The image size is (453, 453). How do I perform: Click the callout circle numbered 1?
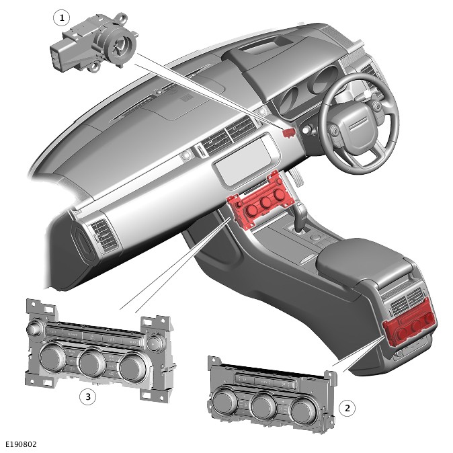62,18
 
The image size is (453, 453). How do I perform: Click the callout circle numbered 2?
347,408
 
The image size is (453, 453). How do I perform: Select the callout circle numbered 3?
88,397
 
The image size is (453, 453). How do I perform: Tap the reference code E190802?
21,444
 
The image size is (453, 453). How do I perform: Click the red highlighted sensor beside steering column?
288,132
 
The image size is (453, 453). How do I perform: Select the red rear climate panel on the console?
409,327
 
